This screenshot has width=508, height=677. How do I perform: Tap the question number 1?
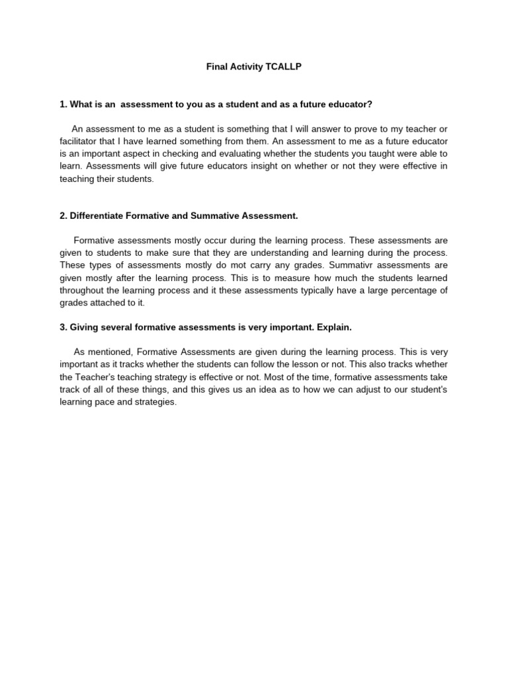[x=63, y=104]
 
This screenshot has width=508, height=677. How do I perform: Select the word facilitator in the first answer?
[x=81, y=141]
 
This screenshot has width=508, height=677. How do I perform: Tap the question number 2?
[x=63, y=216]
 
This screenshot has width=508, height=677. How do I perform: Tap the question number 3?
[x=63, y=327]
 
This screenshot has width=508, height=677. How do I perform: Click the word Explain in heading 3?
[x=334, y=327]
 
